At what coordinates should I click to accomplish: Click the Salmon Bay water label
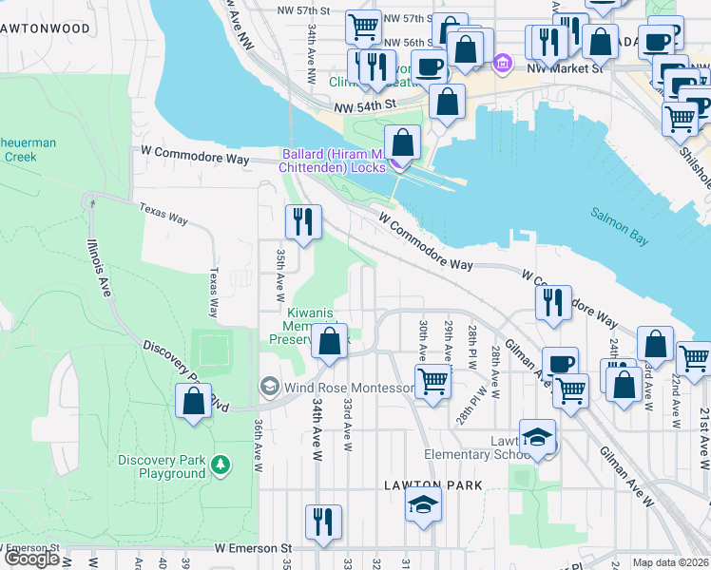619,227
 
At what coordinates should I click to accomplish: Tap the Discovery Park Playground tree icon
221,465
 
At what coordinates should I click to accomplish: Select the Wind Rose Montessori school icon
269,387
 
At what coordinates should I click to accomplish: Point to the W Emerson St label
252,548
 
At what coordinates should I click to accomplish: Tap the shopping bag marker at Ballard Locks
403,143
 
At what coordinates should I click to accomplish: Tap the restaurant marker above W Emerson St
323,522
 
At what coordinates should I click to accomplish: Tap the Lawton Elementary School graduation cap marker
537,437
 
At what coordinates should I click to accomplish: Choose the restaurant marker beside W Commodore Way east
552,302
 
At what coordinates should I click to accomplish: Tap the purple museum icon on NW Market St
503,66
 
